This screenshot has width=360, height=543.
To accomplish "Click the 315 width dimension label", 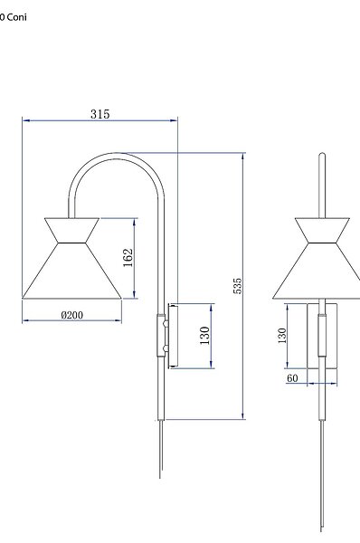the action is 100,114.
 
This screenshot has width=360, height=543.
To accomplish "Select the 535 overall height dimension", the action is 238,286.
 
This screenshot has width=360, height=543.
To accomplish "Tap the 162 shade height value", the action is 128,257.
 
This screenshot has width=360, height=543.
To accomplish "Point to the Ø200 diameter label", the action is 72,315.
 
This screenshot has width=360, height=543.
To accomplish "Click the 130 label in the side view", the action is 204,335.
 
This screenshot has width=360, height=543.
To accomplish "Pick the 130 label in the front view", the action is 282,335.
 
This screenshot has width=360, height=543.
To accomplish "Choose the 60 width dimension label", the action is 292,377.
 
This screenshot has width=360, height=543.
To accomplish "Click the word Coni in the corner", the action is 16,17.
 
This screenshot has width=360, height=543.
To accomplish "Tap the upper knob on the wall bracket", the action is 166,324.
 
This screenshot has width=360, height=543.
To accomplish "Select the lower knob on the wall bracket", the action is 166,348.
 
